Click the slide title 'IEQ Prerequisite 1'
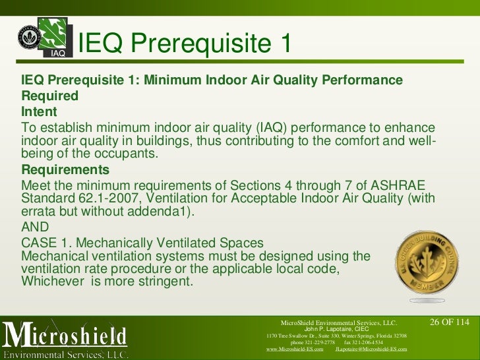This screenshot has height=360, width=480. [x=184, y=44]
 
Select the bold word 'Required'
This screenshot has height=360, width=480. [x=50, y=96]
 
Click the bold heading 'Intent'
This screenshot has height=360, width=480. [x=40, y=111]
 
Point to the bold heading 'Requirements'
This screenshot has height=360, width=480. [x=65, y=169]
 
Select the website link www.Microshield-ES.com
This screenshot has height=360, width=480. [x=294, y=349]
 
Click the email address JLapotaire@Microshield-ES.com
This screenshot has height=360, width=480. [x=371, y=349]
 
